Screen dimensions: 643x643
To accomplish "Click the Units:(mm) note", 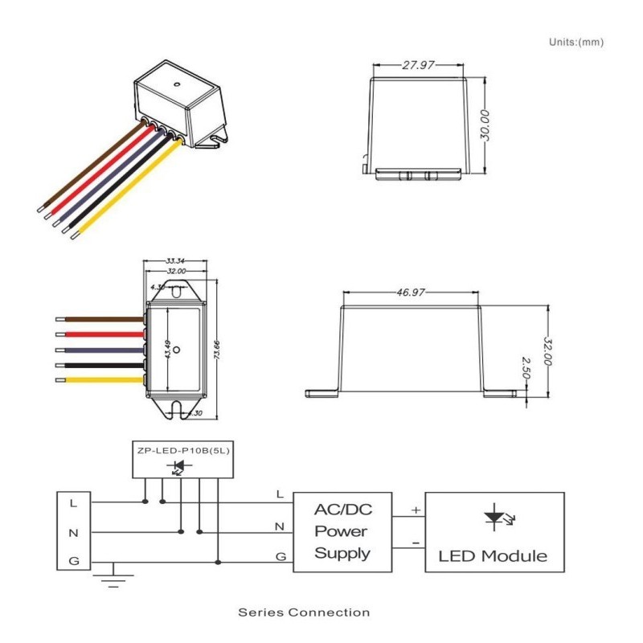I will coord(575,42).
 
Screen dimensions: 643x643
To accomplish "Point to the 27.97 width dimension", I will coord(417,65).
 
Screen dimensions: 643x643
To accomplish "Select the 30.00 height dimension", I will coord(485,124).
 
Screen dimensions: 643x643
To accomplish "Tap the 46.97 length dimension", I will coord(411,293).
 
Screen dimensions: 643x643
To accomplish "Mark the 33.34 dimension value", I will coord(176,261).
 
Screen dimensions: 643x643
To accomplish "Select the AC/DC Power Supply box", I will coord(342,531).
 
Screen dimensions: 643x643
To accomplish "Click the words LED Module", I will coord(494,555).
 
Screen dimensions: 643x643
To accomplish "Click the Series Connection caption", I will coord(304,612).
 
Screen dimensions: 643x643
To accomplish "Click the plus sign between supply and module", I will coord(416,510).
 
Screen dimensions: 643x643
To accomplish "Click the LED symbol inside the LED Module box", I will coord(494,518).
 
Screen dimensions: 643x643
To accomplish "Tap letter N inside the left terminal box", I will coord(73,532).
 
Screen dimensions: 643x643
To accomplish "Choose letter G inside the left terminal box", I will coord(73,561).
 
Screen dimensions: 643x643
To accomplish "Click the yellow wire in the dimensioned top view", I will coord(100,379).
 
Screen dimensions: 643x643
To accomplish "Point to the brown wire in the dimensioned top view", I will coord(100,319).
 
